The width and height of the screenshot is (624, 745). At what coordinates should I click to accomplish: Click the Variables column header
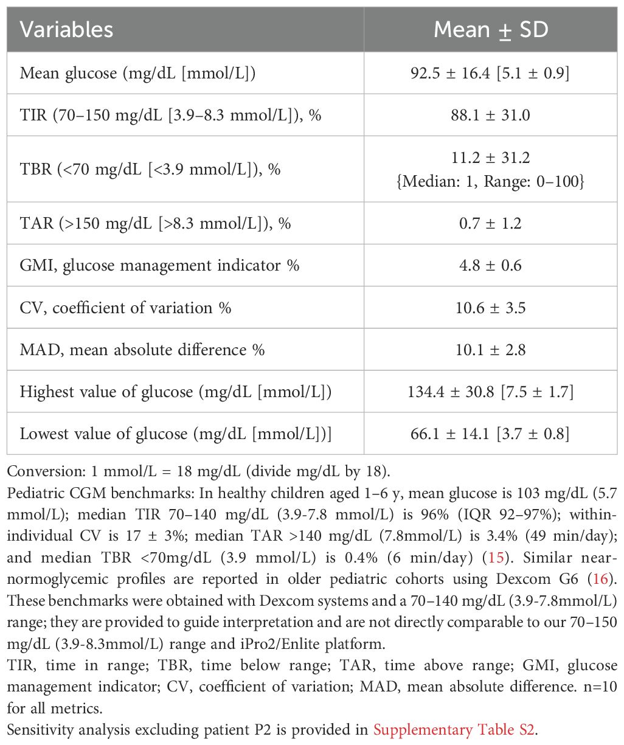point(66,30)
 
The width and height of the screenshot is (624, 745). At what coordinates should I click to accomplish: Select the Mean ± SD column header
point(490,30)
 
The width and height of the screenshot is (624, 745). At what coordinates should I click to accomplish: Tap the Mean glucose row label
point(137,73)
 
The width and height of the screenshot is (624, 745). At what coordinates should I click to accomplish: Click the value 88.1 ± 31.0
point(490,114)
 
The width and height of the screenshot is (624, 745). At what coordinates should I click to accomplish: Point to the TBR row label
point(150,168)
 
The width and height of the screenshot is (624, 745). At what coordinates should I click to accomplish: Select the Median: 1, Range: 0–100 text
point(490,181)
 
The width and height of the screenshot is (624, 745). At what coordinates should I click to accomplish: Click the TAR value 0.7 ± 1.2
point(490,223)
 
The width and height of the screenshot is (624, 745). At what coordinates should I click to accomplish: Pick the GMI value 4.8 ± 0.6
point(490,265)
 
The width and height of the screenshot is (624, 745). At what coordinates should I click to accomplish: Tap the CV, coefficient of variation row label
point(125,307)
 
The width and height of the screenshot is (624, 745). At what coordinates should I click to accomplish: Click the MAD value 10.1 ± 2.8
point(490,350)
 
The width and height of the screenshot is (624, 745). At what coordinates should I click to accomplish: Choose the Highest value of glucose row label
point(176,392)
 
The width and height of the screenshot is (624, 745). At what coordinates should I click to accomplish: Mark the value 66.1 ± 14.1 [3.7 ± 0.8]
point(490,434)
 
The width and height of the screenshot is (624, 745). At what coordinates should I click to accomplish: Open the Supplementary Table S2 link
point(454,729)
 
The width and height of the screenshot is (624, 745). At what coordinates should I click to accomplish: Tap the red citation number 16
point(600,578)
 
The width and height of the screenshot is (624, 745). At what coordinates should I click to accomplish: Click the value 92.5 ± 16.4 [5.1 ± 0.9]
point(490,73)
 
